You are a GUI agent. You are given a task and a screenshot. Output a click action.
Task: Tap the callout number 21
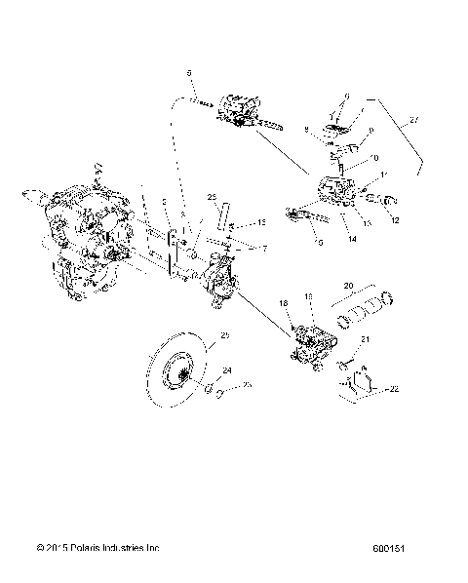[366, 338]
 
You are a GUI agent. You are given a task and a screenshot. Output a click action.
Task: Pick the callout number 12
[395, 219]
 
